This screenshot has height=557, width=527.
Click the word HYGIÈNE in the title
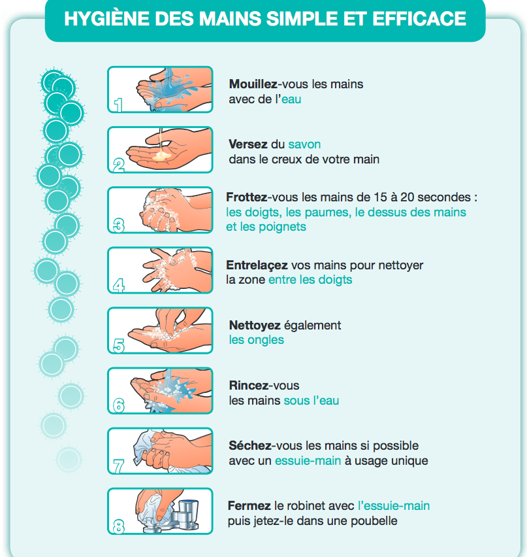pyautogui.click(x=106, y=18)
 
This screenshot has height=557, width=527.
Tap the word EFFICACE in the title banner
pyautogui.click(x=419, y=18)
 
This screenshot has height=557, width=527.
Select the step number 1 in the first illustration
pyautogui.click(x=118, y=105)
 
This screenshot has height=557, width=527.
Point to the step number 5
pyautogui.click(x=119, y=346)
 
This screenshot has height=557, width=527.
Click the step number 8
pyautogui.click(x=119, y=526)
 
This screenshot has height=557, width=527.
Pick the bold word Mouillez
pyautogui.click(x=253, y=84)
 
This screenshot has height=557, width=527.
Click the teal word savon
pyautogui.click(x=304, y=144)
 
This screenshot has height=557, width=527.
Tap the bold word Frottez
pyautogui.click(x=247, y=197)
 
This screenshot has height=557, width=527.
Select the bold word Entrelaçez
pyautogui.click(x=257, y=265)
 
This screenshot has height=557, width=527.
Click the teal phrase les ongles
pyautogui.click(x=256, y=340)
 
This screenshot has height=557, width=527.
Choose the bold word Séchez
pyautogui.click(x=250, y=445)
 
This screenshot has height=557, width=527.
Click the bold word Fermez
pyautogui.click(x=249, y=505)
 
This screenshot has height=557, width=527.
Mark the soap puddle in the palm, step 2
pyautogui.click(x=162, y=156)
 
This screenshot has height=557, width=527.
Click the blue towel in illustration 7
pyautogui.click(x=146, y=448)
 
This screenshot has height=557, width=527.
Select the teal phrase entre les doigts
pyautogui.click(x=310, y=280)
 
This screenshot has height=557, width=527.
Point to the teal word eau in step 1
pyautogui.click(x=291, y=99)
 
